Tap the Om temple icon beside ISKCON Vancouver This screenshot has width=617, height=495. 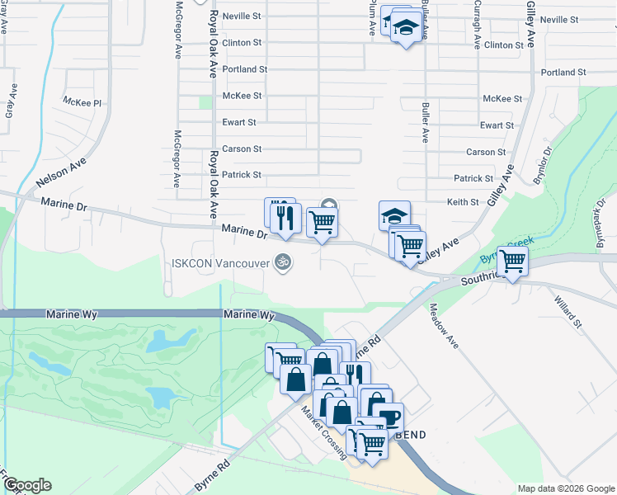(x=284, y=261)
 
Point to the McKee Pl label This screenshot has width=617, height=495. (x=82, y=102)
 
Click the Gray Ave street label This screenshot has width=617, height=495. (x=11, y=101)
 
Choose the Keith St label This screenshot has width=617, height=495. (x=463, y=202)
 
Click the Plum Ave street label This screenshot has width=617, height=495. (x=373, y=16)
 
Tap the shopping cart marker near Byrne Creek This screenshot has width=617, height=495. (x=513, y=262)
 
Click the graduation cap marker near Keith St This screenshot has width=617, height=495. (x=394, y=216)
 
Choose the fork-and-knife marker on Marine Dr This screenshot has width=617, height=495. (x=285, y=216)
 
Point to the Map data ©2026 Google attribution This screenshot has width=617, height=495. (x=566, y=488)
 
